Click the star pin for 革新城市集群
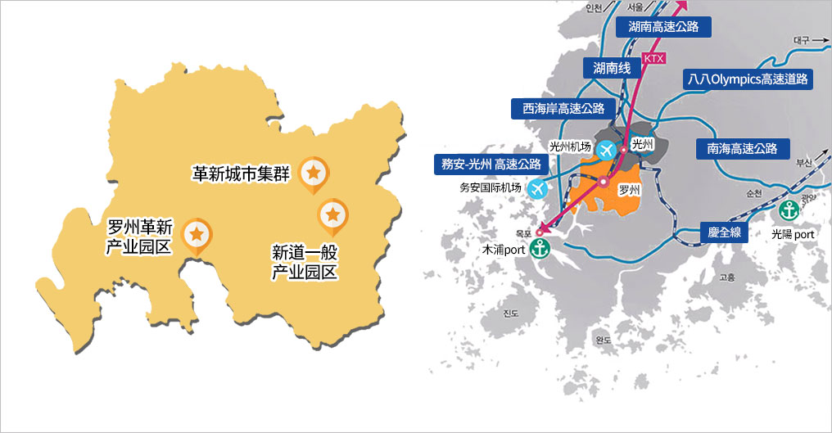[313, 173]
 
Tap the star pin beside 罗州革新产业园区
[197, 234]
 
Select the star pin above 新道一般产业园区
[332, 214]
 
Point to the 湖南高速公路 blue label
[663, 27]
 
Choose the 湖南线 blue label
[612, 68]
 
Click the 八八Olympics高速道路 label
[748, 79]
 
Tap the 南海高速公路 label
[743, 148]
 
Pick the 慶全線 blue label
[724, 232]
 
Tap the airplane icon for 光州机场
[607, 151]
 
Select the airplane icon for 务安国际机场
[538, 188]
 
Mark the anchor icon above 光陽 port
[788, 210]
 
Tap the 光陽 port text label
[793, 233]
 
